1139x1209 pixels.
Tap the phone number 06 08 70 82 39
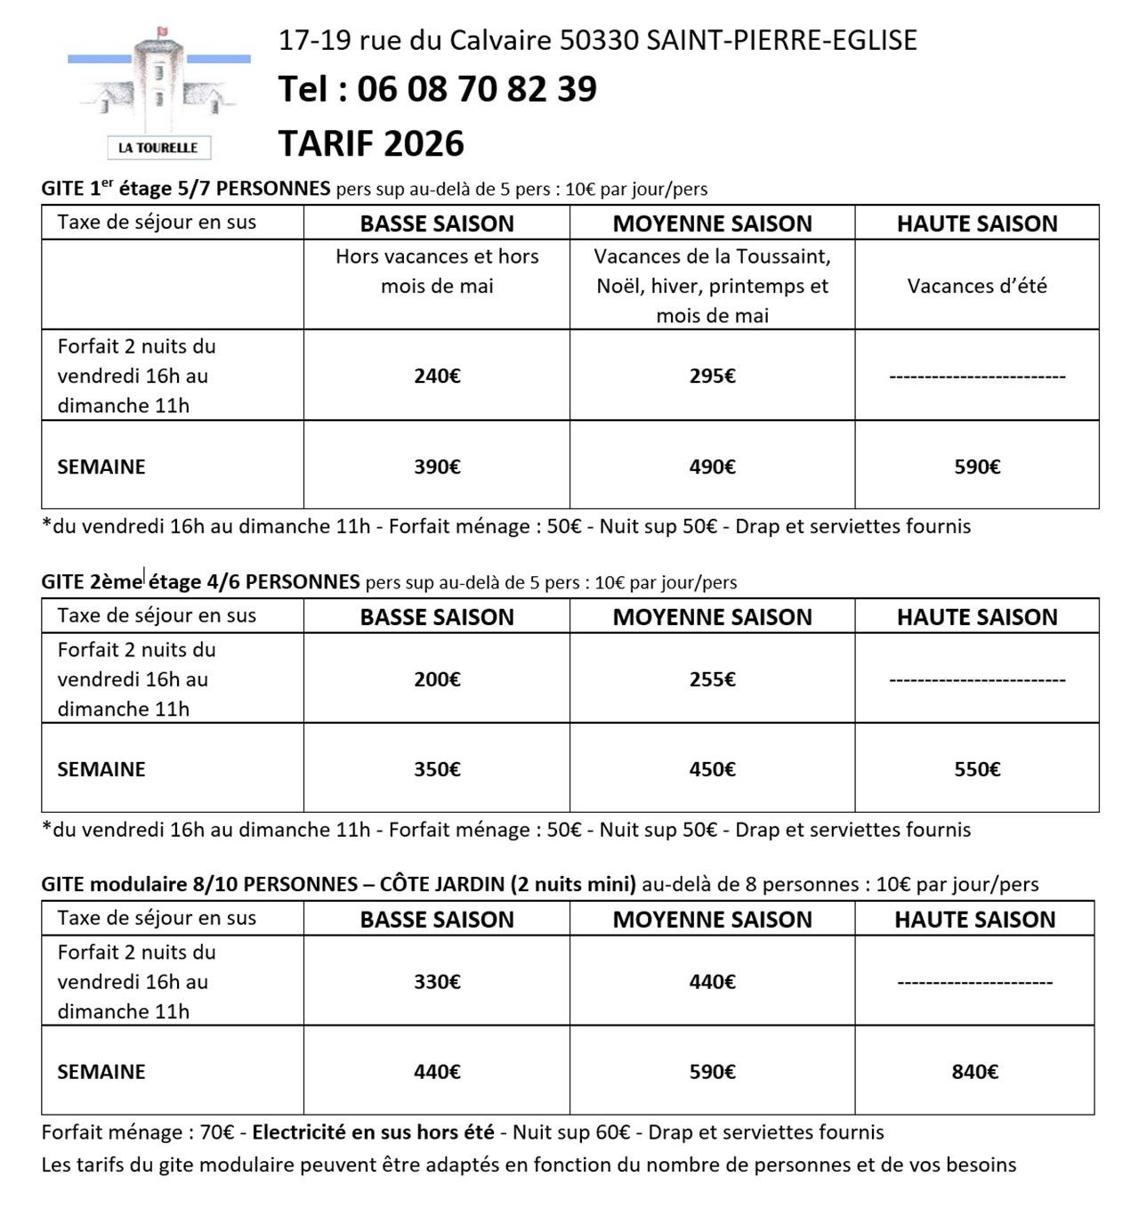tap(476, 89)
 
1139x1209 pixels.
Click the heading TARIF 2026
tap(371, 143)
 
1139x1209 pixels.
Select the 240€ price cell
tap(437, 376)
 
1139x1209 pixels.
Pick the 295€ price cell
tap(712, 376)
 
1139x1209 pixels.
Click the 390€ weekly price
tap(437, 467)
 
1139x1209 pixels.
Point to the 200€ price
tap(437, 679)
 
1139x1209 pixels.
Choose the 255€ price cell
tap(712, 679)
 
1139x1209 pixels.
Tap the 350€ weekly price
tap(437, 769)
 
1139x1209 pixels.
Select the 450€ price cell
tap(712, 769)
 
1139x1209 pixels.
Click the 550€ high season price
tap(977, 769)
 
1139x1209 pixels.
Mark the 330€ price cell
tap(437, 982)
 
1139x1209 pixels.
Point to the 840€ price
tap(974, 1072)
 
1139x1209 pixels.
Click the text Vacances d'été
tap(977, 286)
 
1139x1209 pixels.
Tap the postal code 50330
tap(599, 40)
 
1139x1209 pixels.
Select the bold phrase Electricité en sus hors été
tap(373, 1132)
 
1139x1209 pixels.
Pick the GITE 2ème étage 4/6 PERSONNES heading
tap(200, 582)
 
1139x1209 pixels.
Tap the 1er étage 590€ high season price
tap(977, 467)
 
